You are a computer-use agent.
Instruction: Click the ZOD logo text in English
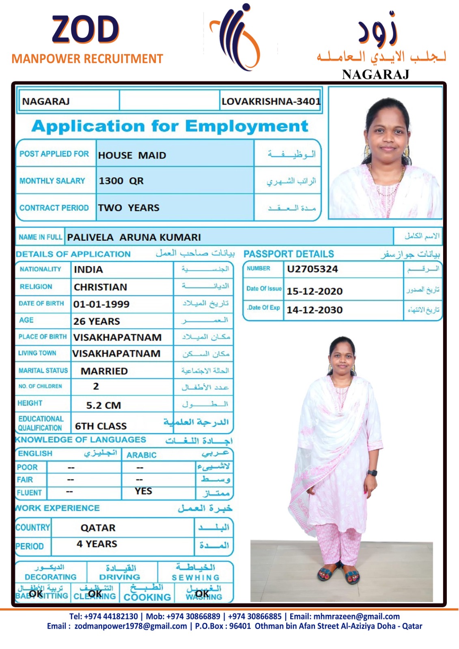point(85,30)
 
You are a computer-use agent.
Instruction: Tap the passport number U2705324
point(312,269)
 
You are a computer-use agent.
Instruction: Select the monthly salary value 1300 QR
point(121,181)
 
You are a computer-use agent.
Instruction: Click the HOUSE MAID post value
point(132,155)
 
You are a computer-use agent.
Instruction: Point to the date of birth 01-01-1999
point(101,304)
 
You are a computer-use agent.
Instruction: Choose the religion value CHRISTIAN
point(100,287)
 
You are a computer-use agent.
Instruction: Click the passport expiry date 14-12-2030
point(315,310)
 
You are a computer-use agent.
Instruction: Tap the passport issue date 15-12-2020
point(315,291)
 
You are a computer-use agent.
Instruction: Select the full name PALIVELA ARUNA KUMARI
point(134,237)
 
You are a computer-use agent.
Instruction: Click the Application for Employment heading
point(170,126)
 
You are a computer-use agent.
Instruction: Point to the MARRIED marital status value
point(104,371)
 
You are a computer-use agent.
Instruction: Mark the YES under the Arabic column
point(143,491)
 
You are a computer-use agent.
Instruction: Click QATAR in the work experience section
point(98,528)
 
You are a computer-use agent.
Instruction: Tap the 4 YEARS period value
point(97,544)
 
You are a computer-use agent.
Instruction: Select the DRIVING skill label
point(120,577)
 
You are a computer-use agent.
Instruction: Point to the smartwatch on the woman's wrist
point(372,473)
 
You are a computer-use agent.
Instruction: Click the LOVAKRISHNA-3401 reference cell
point(271,101)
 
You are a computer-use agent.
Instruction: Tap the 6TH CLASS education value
point(101,426)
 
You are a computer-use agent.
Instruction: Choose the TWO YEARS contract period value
point(129,208)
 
